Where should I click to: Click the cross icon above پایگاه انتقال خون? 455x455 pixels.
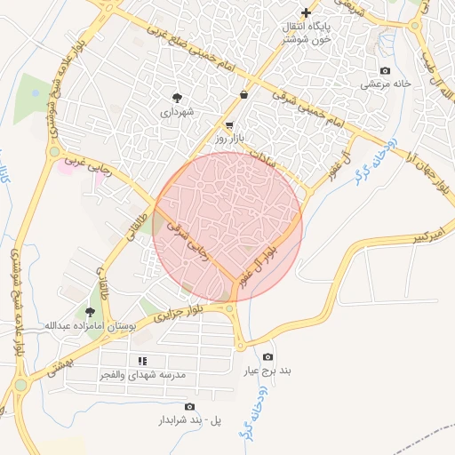pos(307,12)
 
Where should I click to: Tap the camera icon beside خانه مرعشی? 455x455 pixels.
pos(384,70)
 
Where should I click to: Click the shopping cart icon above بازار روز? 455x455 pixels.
pos(230,125)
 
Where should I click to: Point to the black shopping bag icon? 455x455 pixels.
pos(244,94)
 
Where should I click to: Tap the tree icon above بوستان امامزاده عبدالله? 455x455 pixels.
pos(90,311)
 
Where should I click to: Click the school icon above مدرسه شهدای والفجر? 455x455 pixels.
pos(142,360)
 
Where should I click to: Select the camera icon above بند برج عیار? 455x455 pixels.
pos(268,356)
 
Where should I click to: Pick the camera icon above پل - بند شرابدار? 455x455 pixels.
pos(189,406)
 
